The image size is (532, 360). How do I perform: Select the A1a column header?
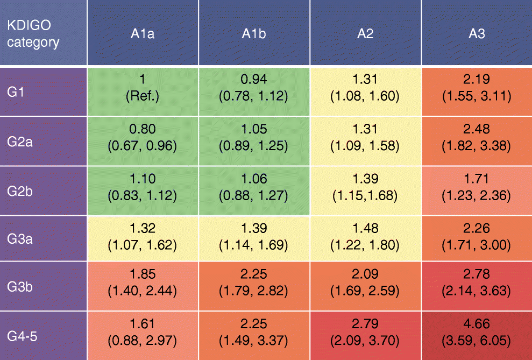(x=143, y=33)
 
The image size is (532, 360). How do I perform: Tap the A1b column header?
(x=254, y=33)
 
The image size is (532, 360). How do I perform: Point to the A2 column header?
(x=365, y=33)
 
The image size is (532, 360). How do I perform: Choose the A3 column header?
(x=477, y=33)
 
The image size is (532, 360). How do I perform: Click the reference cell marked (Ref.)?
(x=143, y=88)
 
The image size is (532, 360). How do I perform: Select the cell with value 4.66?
(x=477, y=333)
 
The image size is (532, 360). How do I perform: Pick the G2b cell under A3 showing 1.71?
(x=477, y=187)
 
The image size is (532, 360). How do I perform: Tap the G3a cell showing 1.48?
(x=365, y=237)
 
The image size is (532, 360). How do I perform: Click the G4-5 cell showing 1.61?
(x=143, y=333)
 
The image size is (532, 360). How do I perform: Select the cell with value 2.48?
(x=477, y=138)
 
